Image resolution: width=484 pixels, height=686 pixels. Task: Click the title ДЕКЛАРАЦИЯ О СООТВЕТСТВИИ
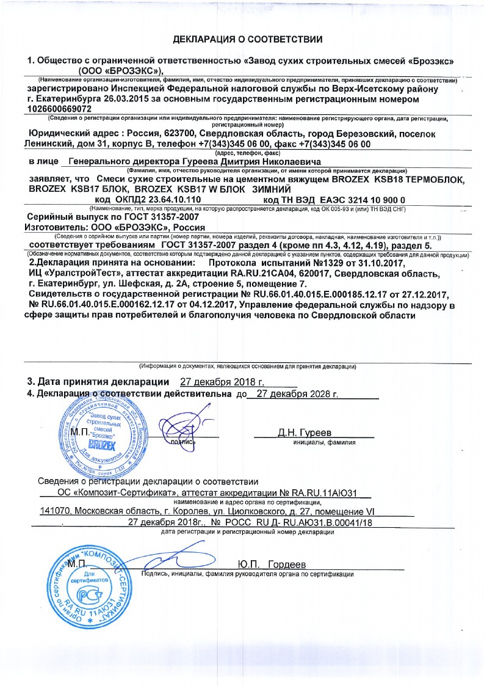[x=248, y=40]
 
